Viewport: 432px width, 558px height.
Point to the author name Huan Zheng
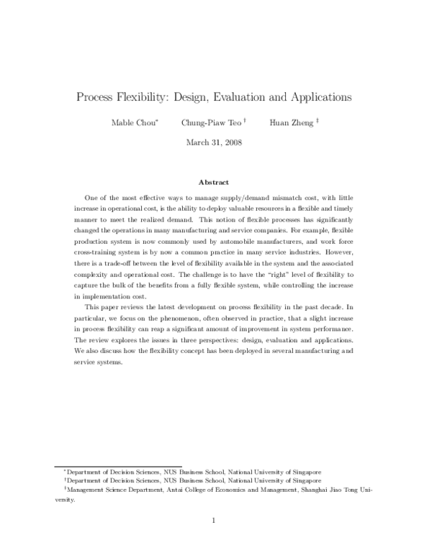click(x=292, y=123)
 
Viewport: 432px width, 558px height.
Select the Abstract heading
click(x=216, y=183)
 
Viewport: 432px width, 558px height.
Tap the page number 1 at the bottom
click(x=216, y=520)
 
